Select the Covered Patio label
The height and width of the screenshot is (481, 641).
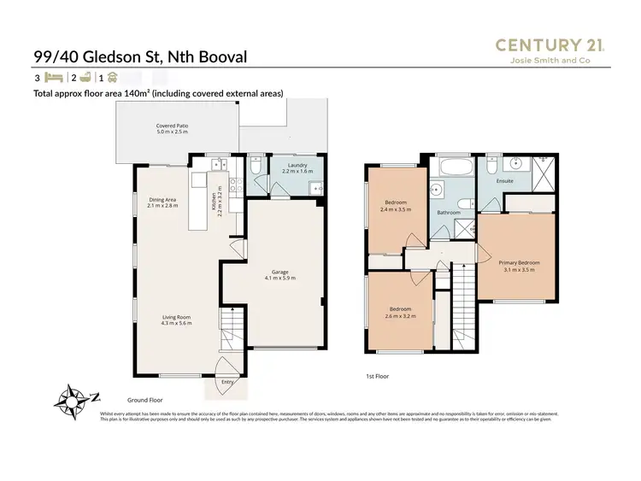[x=172, y=130]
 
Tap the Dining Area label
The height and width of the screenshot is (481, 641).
[x=162, y=202]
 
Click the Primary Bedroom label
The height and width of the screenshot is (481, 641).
[x=520, y=266]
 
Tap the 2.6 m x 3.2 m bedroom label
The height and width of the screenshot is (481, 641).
[x=400, y=311]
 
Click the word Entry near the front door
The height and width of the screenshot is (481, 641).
[x=226, y=382]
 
